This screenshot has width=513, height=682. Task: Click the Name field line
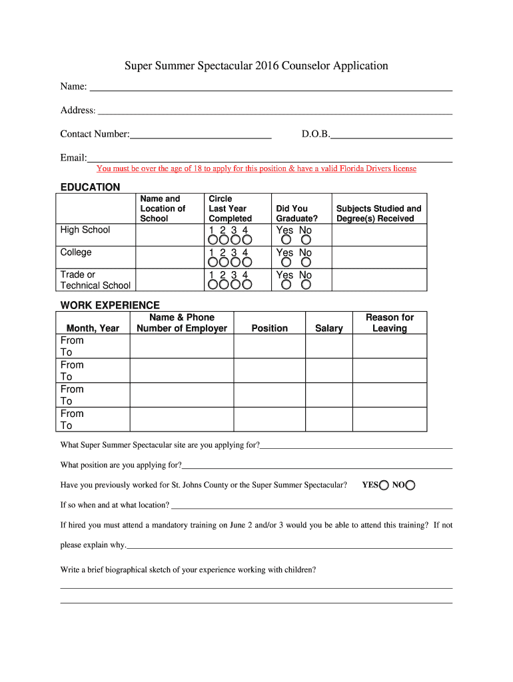click(270, 89)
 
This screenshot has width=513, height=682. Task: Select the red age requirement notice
click(256, 169)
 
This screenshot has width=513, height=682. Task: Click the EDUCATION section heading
click(90, 187)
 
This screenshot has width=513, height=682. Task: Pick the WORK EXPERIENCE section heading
click(110, 305)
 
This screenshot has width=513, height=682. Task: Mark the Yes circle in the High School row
click(286, 240)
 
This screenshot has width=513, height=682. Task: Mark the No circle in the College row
click(306, 262)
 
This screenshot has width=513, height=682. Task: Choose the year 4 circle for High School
click(247, 240)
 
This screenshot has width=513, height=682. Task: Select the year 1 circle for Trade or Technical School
click(213, 285)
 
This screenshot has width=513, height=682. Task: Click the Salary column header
click(329, 328)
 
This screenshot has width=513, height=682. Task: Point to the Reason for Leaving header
click(390, 323)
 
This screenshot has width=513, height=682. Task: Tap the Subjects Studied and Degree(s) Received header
click(378, 213)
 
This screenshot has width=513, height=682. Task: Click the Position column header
click(270, 328)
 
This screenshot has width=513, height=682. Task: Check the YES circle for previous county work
click(384, 486)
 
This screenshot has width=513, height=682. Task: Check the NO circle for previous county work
click(410, 486)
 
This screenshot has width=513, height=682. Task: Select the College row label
click(76, 252)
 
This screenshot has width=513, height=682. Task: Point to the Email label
click(73, 158)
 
